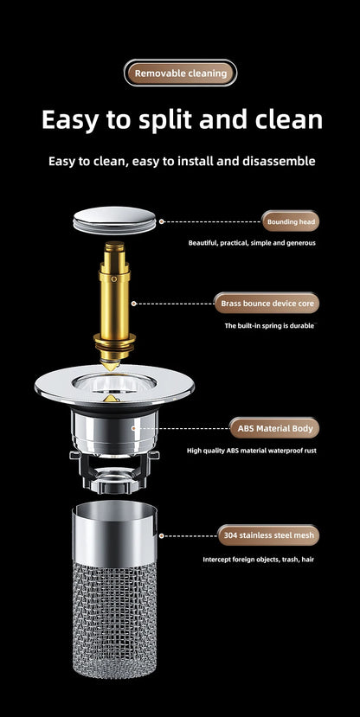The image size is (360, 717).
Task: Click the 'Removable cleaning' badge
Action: (180, 74)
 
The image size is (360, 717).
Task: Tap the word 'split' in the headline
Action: (169, 121)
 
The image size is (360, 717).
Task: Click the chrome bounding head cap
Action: (114, 221)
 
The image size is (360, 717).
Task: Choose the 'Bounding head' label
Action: (291, 221)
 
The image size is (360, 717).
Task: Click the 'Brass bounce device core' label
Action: (267, 304)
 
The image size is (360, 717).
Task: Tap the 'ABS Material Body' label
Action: (274, 428)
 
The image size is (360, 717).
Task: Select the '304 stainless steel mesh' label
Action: (268, 535)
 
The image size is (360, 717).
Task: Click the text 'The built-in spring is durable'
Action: (269, 326)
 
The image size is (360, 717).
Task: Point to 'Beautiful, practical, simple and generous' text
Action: (252, 243)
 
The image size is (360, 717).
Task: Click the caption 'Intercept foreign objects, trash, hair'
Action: (259, 560)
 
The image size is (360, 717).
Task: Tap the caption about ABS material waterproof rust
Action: (252, 451)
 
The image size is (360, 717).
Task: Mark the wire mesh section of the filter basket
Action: (114, 619)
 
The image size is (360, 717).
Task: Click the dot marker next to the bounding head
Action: (162, 221)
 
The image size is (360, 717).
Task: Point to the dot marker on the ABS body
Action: (134, 428)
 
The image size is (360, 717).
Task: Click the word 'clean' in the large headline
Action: (289, 120)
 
